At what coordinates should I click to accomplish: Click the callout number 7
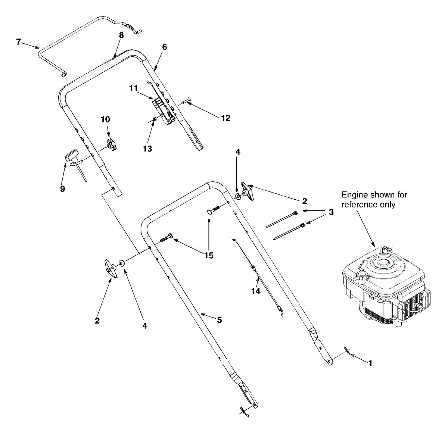coord(19,41)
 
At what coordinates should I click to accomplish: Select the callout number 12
coord(225,118)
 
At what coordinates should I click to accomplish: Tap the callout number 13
coord(147,149)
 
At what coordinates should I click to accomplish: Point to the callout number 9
coord(62,189)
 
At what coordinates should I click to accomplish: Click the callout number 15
coord(209,255)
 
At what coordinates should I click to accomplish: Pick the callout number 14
coord(256,291)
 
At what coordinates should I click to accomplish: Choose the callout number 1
coord(370,363)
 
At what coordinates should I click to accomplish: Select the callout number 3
coord(331,213)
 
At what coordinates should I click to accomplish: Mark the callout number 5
coord(220,320)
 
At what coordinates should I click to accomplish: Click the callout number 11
coord(134,88)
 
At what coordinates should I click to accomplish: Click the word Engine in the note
coord(355,195)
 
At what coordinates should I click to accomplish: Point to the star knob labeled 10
coord(112,144)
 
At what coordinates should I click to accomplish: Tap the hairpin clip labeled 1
coord(348,351)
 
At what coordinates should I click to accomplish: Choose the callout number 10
coord(105,119)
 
